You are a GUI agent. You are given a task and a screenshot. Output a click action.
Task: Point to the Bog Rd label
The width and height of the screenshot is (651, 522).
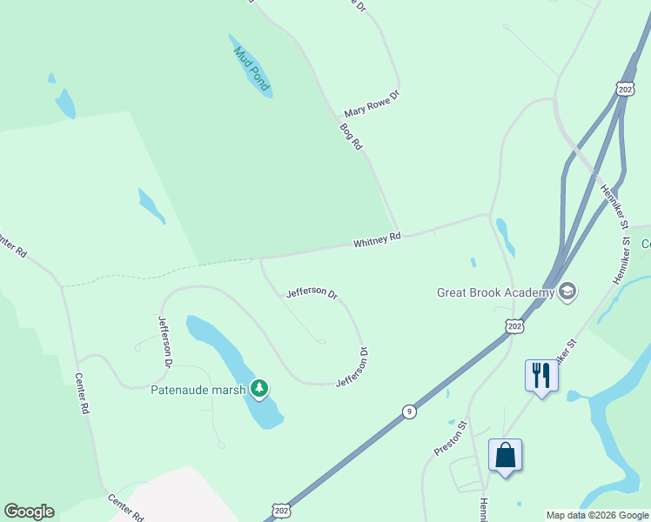point(351,137)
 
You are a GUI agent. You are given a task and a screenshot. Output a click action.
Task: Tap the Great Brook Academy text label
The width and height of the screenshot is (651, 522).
point(495,292)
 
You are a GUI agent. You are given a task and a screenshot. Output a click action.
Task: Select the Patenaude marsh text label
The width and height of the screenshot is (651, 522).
point(198,390)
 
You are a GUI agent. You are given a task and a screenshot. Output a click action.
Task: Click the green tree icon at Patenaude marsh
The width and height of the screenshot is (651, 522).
point(258,388)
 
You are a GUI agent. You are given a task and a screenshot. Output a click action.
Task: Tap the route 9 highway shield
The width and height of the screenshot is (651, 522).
point(409,412)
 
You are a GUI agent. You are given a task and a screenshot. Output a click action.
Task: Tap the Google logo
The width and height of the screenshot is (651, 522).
point(29,512)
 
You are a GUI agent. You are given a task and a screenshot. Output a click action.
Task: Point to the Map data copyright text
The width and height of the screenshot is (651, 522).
point(596,515)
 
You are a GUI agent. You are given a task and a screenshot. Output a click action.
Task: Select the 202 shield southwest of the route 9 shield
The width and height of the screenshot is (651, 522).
point(281,510)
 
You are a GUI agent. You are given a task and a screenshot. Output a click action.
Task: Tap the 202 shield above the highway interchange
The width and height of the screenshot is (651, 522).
point(624,90)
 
